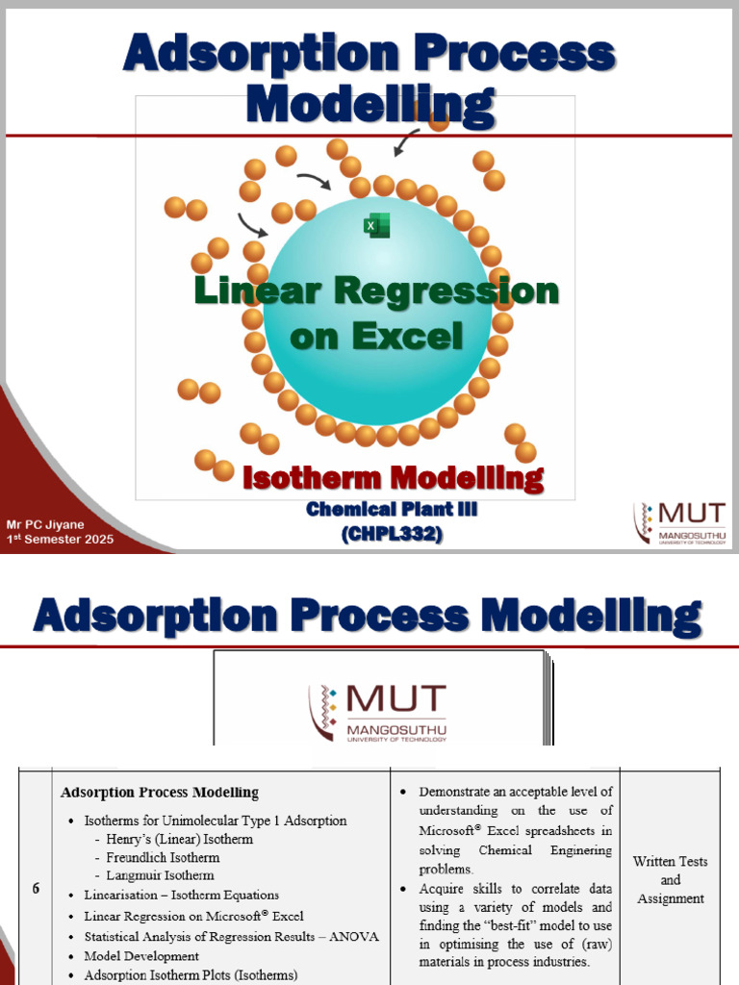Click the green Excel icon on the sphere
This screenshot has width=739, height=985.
coord(376,225)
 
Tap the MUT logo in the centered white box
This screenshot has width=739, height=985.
coord(377,713)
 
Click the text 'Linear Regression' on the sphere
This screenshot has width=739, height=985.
coord(376,290)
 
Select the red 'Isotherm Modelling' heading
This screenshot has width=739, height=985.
coord(393,477)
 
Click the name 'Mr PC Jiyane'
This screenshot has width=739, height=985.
coord(46,524)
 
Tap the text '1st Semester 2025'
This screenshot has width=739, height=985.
coord(60,539)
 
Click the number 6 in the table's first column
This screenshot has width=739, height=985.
coord(36,889)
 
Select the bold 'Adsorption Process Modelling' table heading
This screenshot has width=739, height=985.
coord(160,793)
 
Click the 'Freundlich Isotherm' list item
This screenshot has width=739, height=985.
coord(164,857)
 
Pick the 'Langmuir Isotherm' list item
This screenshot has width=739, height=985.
coord(161,875)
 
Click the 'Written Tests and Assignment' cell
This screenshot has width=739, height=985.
coord(670,880)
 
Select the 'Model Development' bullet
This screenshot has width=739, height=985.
coord(141,956)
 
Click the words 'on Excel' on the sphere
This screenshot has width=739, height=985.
coord(376,336)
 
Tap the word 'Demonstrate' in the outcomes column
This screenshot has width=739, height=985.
coord(458,792)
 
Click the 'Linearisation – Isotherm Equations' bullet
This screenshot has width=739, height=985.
coord(182,895)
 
